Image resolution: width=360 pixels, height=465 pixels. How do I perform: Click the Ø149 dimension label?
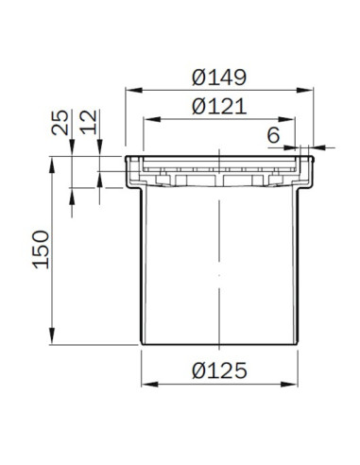click(219, 77)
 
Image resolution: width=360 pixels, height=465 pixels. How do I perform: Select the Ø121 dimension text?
click(219, 107)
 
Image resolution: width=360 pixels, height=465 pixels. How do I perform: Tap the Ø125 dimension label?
click(219, 370)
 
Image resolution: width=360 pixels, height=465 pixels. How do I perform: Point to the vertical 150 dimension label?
click(42, 250)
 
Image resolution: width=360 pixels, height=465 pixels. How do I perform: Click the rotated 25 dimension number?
click(60, 123)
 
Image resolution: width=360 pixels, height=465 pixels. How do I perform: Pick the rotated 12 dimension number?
click(89, 123)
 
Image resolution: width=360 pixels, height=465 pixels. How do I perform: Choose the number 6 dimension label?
click(273, 135)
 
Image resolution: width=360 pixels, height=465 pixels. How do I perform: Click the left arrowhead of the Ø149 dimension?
click(134, 90)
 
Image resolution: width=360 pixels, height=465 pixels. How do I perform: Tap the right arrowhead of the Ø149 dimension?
click(305, 90)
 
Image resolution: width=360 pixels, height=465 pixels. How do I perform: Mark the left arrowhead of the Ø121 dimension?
click(152, 119)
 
